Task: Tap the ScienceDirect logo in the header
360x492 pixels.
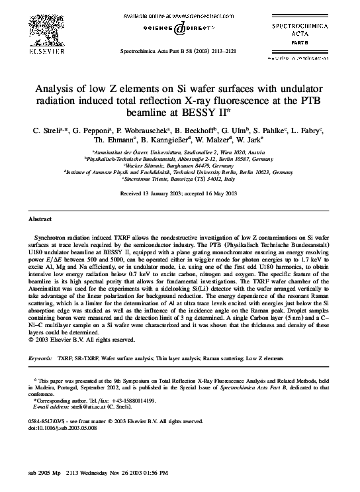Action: [180, 28]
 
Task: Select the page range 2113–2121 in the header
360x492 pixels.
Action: [226, 50]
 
